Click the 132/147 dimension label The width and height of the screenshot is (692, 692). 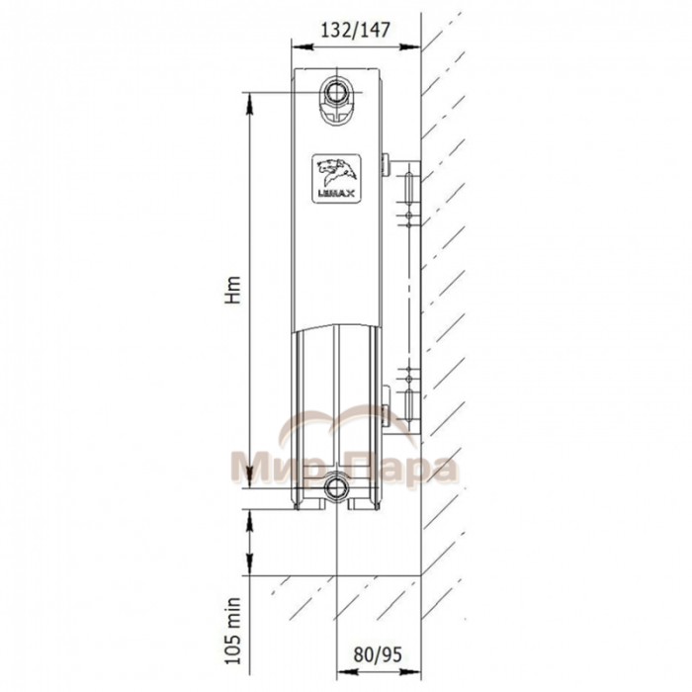pos(355,31)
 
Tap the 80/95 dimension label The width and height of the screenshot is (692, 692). pos(378,653)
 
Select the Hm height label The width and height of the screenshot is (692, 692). pos(233,290)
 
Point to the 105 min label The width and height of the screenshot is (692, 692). pos(233,632)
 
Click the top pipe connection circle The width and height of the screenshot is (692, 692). pos(337,92)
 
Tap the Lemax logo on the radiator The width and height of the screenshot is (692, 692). pos(338,178)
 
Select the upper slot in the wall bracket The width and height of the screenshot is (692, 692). pos(408,188)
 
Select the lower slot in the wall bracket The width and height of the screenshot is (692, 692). pos(408,405)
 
